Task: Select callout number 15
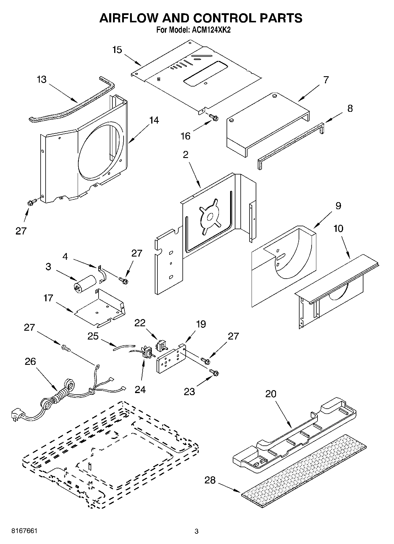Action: click(117, 50)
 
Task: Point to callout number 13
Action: click(42, 79)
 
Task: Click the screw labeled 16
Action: click(214, 117)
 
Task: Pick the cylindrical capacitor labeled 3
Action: click(85, 283)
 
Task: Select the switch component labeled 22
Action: click(161, 345)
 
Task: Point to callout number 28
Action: click(210, 480)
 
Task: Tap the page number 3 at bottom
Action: click(196, 531)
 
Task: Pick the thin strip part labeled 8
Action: click(290, 144)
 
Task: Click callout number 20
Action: click(271, 394)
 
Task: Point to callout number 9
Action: click(338, 206)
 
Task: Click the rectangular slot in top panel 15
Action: click(205, 74)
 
